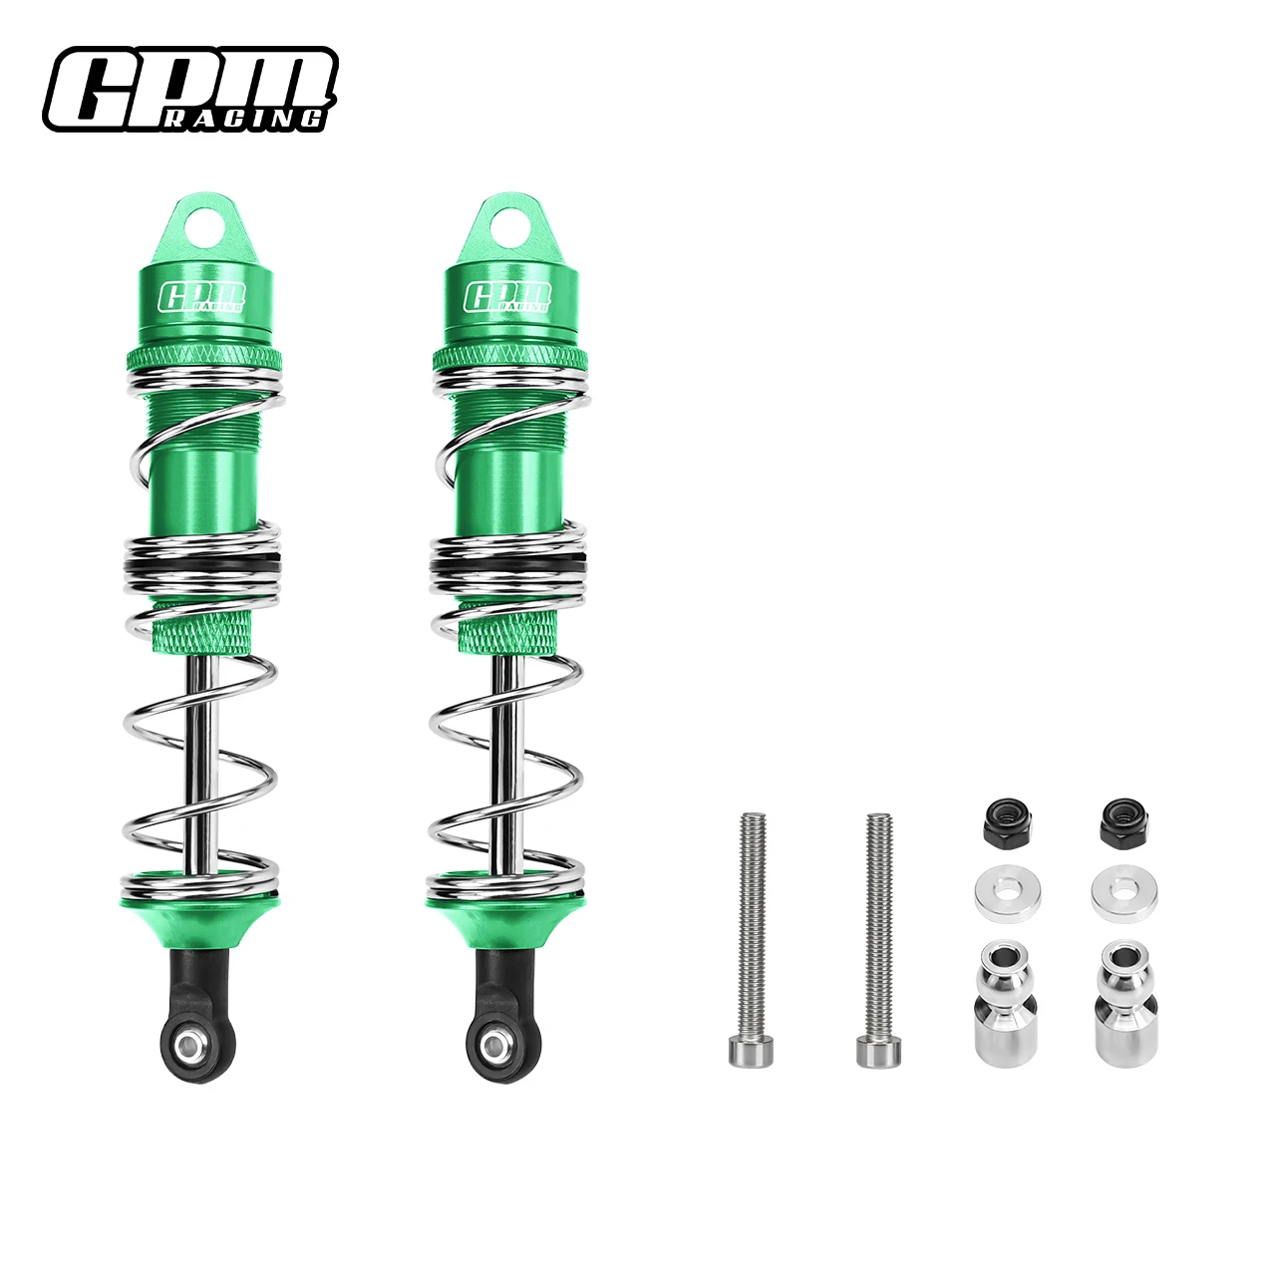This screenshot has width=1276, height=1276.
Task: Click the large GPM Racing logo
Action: [x=190, y=89]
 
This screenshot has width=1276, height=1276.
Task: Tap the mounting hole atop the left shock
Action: [x=204, y=227]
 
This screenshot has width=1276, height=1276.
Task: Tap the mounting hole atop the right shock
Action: [x=510, y=227]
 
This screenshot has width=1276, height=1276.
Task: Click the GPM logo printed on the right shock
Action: [x=508, y=297]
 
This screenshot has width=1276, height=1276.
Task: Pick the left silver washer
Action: [x=1008, y=894]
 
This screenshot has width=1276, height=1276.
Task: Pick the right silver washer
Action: [x=1124, y=894]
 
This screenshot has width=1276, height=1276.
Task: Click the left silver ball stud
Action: [x=1006, y=1001]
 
